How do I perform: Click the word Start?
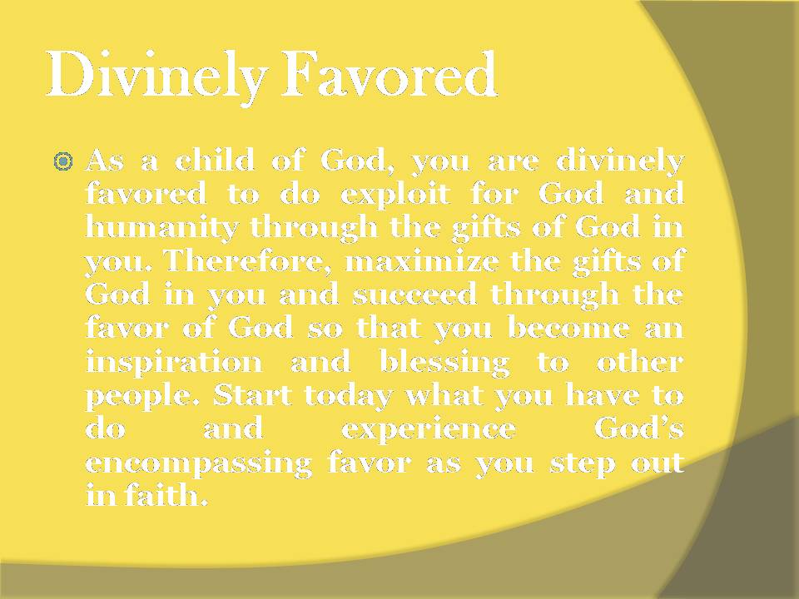pyautogui.click(x=254, y=395)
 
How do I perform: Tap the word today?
pyautogui.click(x=347, y=396)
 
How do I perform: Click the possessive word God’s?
pyautogui.click(x=639, y=428)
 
